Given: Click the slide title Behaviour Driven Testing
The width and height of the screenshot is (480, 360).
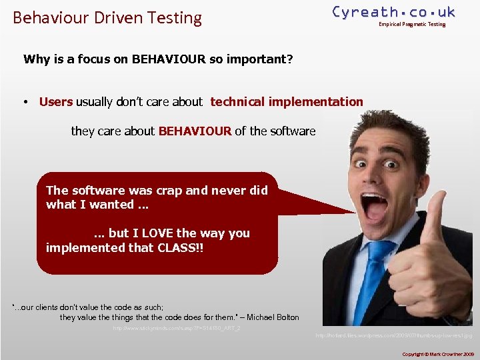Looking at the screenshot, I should point(107,17).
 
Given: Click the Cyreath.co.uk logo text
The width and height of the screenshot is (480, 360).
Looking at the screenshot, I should point(393,12).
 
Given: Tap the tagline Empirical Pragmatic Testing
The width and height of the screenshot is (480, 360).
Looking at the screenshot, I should point(411,25).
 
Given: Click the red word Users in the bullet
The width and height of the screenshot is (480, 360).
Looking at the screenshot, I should point(56,102).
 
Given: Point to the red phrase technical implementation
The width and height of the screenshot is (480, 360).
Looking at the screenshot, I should point(287,102).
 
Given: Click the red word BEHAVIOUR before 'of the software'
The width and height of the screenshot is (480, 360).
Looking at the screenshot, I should point(195,131).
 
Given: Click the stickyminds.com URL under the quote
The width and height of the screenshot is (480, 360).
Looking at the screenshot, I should point(177,329).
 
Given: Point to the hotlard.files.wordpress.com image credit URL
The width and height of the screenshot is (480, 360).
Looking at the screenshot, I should point(393,335).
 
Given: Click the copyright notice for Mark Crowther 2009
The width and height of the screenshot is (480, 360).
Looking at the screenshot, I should point(437,353).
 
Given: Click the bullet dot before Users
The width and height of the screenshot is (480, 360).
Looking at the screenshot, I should point(24,103).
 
